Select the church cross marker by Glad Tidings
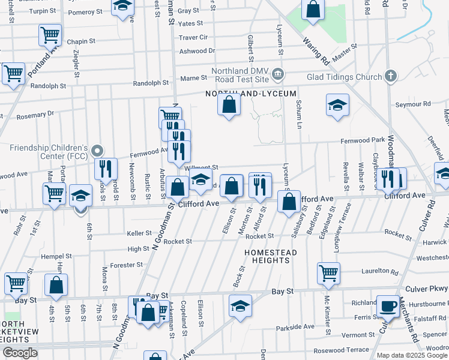[x=391, y=76]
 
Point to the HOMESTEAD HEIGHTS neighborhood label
[x=271, y=256]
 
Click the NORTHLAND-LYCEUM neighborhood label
[x=251, y=94]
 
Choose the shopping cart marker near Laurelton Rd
[x=328, y=273]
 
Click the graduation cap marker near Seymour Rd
[x=338, y=105]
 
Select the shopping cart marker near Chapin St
[x=50, y=35]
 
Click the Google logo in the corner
[x=20, y=353]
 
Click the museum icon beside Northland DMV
[x=277, y=75]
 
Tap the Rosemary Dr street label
[x=35, y=114]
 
